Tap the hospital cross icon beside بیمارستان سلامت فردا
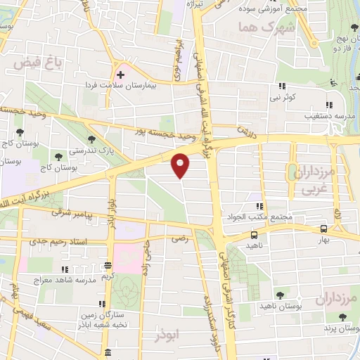click(120, 72)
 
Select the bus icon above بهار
click(323, 229)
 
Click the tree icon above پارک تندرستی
click(90, 139)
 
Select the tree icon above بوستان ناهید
click(281, 294)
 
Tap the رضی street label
click(180, 239)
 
